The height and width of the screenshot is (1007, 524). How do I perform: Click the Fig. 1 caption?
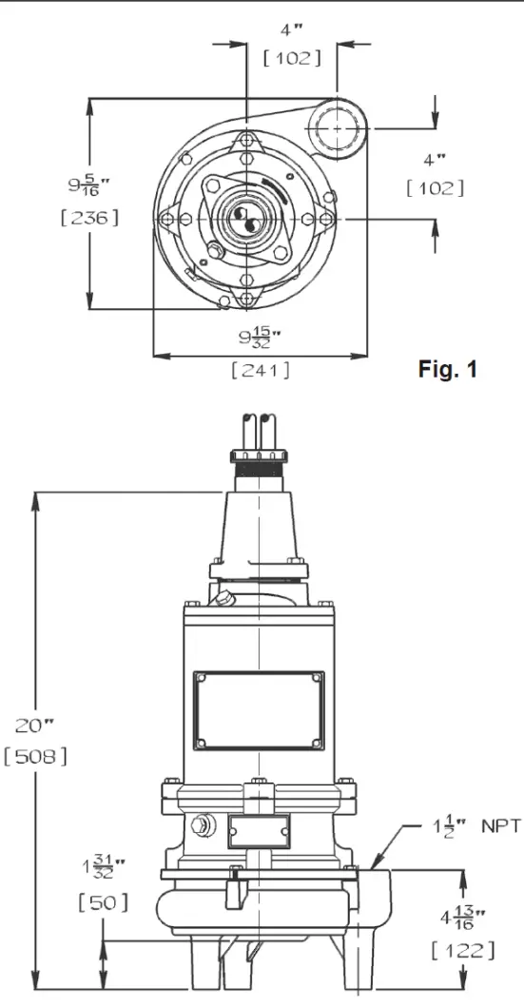point(447,369)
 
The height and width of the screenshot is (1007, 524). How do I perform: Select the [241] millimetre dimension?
point(261,370)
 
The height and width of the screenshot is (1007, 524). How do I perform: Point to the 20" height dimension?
point(35,726)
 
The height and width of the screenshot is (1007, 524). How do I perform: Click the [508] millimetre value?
point(35,757)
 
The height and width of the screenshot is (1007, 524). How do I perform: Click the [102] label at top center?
point(291,58)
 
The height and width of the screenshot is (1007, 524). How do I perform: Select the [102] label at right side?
point(435,187)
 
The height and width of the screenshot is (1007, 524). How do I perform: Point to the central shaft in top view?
point(247,218)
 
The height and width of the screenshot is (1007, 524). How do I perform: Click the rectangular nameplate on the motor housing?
point(259,710)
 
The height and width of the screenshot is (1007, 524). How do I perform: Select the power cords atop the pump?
point(260,433)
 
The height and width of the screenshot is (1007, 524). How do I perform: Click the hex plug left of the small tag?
point(203,824)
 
